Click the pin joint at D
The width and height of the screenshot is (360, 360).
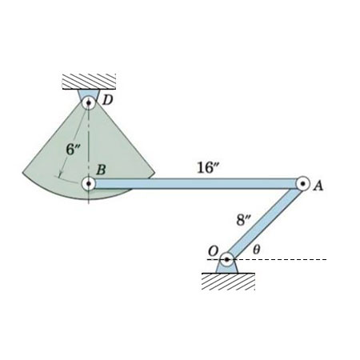click(x=88, y=102)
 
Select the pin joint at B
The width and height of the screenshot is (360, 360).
click(x=88, y=183)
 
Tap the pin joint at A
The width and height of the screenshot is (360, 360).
click(x=303, y=183)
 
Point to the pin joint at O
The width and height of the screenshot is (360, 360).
click(x=227, y=259)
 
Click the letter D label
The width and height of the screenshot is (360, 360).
click(x=108, y=100)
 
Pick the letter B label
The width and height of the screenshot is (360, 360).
click(x=101, y=170)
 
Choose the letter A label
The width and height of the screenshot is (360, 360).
click(x=318, y=186)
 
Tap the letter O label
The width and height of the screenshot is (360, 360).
click(x=214, y=251)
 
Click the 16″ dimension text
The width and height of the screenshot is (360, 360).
click(x=209, y=168)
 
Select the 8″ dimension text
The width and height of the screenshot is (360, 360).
click(x=244, y=220)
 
